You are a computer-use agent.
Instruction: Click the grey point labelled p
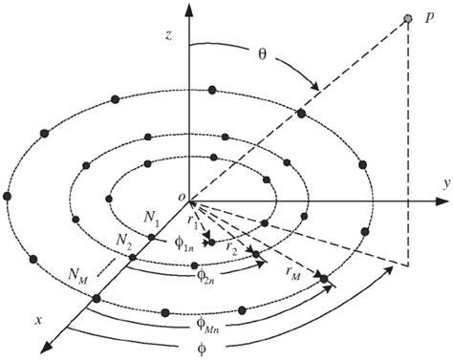(409, 20)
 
